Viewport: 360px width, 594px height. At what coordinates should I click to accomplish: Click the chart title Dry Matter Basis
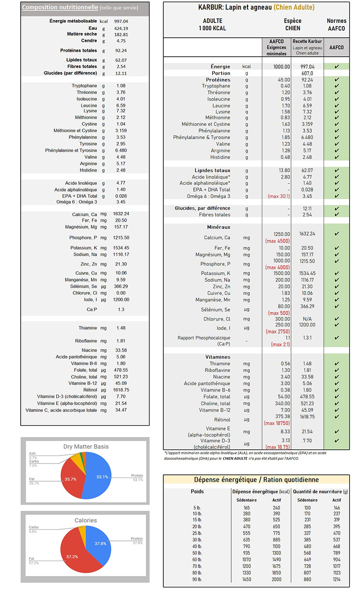pos(85,447)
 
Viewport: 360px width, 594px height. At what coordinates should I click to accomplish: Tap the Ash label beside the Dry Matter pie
pos(32,453)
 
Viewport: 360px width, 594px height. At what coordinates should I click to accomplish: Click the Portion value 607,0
pos(307,73)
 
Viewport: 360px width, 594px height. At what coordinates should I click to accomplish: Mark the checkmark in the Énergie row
pos(337,67)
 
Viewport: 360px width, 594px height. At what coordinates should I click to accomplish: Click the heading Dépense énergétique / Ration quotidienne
pos(256,480)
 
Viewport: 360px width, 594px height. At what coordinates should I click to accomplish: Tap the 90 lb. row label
pos(197,580)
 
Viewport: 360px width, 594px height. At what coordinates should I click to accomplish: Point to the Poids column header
pos(197,491)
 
